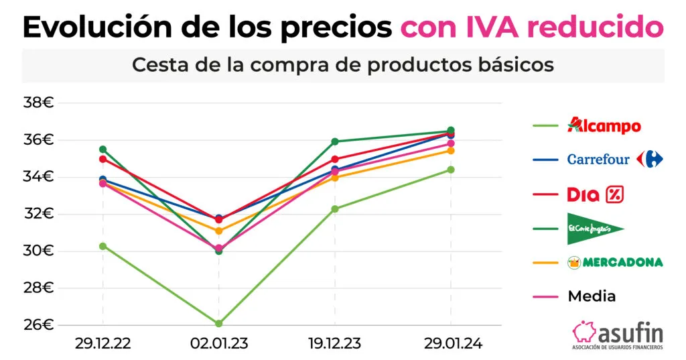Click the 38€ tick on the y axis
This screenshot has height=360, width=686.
click(38, 103)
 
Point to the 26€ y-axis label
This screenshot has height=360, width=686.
click(38, 325)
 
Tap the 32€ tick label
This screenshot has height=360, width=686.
click(38, 214)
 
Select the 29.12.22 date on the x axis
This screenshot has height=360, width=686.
click(102, 343)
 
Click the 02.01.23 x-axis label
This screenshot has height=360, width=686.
click(218, 343)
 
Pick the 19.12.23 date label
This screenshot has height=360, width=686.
click(334, 343)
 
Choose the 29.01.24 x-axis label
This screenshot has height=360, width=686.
click(451, 343)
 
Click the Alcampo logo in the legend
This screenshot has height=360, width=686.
click(604, 125)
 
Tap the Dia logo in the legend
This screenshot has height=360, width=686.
click(596, 194)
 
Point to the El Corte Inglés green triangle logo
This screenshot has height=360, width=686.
click(595, 229)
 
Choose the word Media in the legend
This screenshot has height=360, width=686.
click(592, 296)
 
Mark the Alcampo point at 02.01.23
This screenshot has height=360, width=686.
click(218, 323)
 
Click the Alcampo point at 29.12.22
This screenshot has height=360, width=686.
click(102, 246)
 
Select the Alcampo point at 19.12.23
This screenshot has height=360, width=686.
click(334, 209)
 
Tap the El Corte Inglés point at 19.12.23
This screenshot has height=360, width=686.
click(334, 141)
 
